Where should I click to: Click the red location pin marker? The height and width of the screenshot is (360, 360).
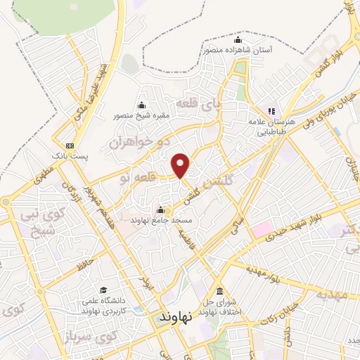pos(181,165)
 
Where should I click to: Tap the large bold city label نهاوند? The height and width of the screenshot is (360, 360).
pos(176,317)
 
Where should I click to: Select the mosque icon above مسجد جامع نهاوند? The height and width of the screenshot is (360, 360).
pos(161,210)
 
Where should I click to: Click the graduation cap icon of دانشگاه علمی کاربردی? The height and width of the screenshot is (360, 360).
pos(103,290)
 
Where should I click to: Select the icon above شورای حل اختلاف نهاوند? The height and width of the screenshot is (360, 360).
pos(220,292)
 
